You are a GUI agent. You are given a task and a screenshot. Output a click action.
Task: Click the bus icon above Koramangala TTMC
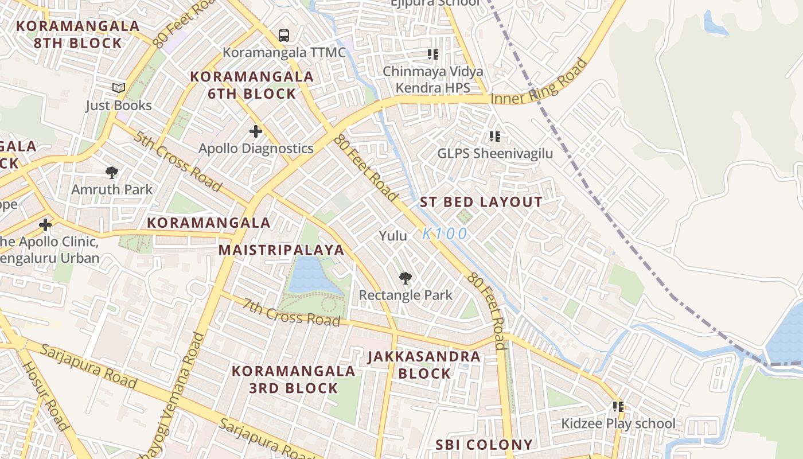283,36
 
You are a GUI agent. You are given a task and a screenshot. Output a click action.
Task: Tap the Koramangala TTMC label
284,53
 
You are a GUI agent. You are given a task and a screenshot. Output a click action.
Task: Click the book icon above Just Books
119,88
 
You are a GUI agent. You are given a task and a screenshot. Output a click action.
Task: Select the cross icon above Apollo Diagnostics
256,132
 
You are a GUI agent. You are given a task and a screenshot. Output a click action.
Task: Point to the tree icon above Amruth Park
112,173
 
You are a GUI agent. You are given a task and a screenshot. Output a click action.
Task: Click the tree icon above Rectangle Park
406,279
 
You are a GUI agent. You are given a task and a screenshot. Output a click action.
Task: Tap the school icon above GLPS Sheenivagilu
495,137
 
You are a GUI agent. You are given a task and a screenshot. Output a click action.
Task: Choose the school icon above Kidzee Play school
618,407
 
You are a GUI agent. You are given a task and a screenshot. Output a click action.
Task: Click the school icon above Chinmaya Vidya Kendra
433,55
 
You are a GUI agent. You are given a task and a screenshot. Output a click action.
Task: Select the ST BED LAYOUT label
481,202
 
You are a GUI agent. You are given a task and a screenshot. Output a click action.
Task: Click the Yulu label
393,236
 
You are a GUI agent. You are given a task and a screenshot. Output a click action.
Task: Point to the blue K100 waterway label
445,234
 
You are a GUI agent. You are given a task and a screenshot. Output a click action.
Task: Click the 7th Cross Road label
291,312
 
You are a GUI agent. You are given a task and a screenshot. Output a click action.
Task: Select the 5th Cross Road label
177,161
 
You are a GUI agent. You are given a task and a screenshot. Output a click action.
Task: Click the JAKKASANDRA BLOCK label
424,365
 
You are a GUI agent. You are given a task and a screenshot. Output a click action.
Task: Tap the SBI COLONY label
484,445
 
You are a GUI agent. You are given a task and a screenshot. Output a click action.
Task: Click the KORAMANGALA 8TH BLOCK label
77,34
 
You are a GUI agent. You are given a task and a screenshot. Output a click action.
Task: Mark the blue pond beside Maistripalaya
310,275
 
